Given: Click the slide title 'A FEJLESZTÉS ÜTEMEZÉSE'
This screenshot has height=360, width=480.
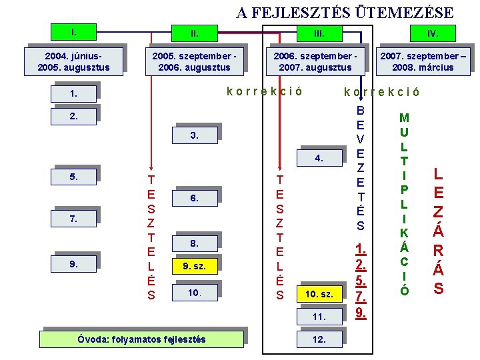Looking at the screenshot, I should tap(345, 13).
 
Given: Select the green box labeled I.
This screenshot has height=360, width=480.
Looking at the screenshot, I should tap(74, 31).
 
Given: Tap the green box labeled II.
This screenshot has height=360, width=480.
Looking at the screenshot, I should tap(194, 33).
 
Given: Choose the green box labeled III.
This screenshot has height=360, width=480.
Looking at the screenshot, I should tap(319, 33).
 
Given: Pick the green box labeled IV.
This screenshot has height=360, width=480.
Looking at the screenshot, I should tap(433, 33).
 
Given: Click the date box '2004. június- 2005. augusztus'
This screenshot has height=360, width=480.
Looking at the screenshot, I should tap(73, 61).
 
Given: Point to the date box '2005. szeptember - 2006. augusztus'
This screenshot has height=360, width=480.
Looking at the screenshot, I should tap(194, 61).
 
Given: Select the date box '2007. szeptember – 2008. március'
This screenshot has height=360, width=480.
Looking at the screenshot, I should tap(423, 61).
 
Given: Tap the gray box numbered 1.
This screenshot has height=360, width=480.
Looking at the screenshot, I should tap(74, 94).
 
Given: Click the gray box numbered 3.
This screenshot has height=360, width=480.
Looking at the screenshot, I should tap(194, 136).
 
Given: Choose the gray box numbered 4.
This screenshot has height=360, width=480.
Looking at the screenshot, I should tap(319, 159).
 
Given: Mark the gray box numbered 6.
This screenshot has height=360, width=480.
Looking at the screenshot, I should tap(194, 198).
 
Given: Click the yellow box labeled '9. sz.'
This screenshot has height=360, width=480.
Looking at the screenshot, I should tap(194, 267).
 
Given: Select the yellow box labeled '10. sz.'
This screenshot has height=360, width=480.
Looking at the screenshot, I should tap(319, 294).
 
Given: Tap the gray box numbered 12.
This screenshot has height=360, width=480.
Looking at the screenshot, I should tap(319, 339).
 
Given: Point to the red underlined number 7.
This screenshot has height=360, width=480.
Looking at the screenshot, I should tap(361, 296).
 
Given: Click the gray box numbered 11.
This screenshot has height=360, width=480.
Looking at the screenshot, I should tap(319, 317).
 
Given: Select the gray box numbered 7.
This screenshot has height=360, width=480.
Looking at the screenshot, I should tap(74, 219).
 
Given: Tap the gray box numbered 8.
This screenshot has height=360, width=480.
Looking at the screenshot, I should tap(194, 243).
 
